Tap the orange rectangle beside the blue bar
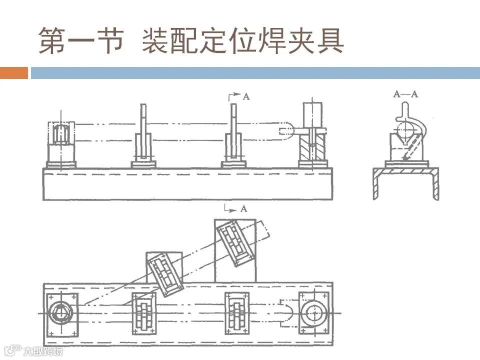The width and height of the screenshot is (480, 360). [14, 73]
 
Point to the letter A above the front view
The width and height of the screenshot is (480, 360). [246, 96]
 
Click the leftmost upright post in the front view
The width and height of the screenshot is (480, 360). [143, 132]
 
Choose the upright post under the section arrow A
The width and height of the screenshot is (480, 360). [233, 132]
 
